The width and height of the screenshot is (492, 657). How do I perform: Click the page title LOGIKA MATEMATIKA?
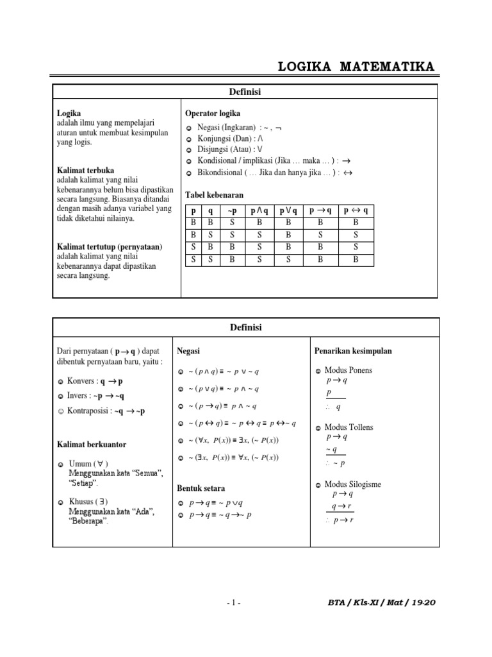click(356, 67)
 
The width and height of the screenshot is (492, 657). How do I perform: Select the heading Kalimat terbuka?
click(85, 171)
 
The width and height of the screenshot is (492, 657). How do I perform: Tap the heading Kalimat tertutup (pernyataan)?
click(109, 246)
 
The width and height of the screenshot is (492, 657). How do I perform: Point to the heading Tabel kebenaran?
click(215, 194)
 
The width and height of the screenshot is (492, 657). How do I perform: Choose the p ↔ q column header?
click(356, 211)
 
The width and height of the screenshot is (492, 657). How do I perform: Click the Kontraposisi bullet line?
click(106, 411)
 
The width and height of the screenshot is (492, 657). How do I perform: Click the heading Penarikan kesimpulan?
click(353, 351)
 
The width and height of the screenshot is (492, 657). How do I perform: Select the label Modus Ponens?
click(348, 370)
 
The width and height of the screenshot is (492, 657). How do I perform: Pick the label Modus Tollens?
click(348, 427)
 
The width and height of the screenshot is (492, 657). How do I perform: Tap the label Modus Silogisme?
click(352, 484)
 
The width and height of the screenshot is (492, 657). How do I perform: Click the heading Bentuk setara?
click(201, 488)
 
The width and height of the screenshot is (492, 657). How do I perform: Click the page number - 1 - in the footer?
click(234, 602)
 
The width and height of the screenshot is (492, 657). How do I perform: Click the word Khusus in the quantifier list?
click(81, 501)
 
